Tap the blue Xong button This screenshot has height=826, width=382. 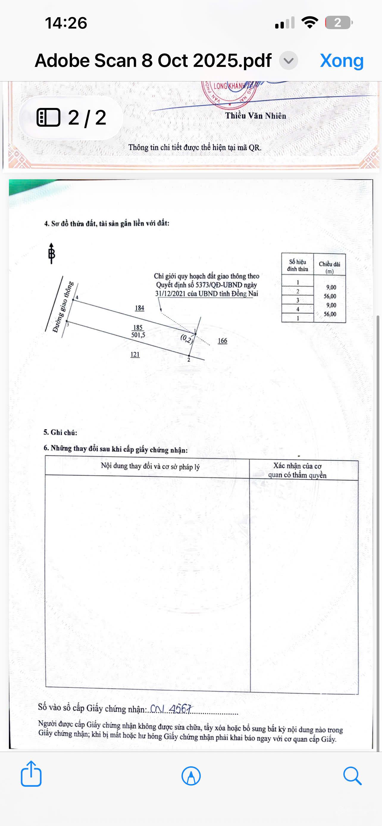pos(342,60)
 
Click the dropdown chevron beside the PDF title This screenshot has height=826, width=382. pos(288,60)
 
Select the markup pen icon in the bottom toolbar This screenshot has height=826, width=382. pos(191,776)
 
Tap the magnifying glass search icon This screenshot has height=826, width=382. pos(352,776)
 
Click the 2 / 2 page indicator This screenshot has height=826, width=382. pos(71,118)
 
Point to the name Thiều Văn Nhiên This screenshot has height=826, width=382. pos(255,116)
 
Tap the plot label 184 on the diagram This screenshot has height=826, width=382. pos(140,308)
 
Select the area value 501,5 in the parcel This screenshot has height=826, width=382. pos(138,335)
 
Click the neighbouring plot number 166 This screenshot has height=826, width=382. pos(222,341)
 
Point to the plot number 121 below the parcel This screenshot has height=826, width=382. pos(135,355)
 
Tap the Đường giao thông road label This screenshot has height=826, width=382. pos(63,307)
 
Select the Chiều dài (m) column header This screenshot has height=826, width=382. pos(329,267)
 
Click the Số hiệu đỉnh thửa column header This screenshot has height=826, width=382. pos(297,266)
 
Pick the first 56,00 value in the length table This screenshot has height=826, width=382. pos(330,296)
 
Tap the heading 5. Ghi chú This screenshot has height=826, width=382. pos(60,432)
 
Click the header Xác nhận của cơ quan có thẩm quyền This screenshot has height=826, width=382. pos(297,470)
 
